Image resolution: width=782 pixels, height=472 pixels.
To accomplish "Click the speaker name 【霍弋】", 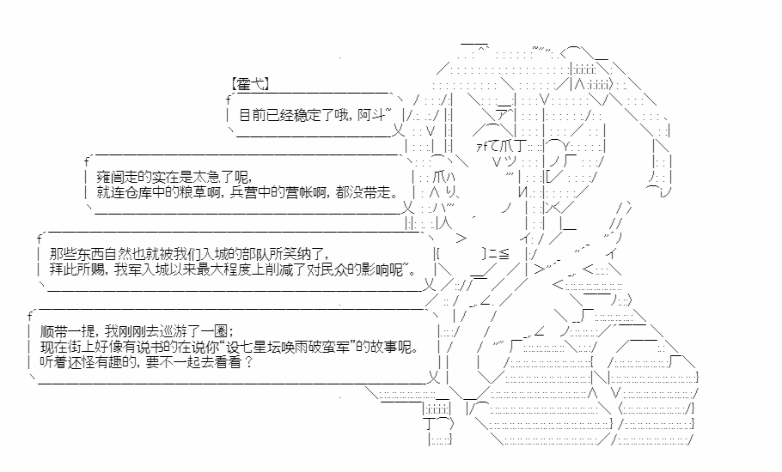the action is point(251,84).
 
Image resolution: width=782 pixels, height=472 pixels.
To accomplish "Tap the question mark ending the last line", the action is point(248,362).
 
